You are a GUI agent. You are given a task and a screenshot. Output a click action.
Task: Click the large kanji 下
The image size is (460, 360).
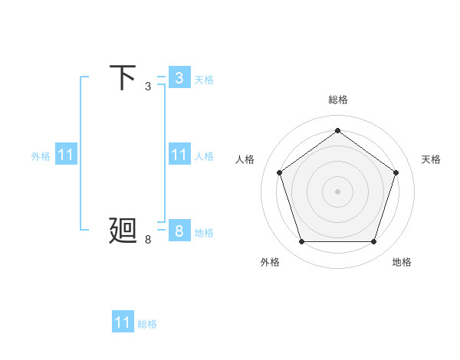(x=123, y=77)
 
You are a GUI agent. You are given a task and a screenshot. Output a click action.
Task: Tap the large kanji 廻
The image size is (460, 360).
(x=123, y=231)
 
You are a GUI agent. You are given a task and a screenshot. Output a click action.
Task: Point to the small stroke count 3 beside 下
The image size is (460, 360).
(x=147, y=87)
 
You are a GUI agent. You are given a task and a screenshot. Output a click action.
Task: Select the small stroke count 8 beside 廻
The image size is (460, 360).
(x=147, y=240)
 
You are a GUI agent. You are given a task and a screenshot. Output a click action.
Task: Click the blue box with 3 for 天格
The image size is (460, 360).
(x=179, y=78)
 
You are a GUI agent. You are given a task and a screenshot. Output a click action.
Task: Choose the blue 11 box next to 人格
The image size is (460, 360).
(x=179, y=155)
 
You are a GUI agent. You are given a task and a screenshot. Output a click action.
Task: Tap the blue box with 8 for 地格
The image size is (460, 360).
(x=179, y=231)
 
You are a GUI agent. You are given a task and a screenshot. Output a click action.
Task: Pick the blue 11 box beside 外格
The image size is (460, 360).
(x=66, y=155)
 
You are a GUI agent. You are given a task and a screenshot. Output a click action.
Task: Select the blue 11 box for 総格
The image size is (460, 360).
(x=123, y=322)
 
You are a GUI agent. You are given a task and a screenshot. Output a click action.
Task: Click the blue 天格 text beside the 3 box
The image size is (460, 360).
(x=204, y=79)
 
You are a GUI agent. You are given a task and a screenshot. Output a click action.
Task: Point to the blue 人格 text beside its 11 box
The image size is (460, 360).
(x=204, y=155)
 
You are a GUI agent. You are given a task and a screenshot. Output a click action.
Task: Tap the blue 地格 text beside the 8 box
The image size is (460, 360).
(x=204, y=232)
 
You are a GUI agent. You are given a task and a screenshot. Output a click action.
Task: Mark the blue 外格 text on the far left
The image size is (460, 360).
(x=41, y=155)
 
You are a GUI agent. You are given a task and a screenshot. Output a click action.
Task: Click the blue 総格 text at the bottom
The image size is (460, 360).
(x=147, y=323)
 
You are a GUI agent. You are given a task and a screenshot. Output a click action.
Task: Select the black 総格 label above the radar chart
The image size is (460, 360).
(x=337, y=100)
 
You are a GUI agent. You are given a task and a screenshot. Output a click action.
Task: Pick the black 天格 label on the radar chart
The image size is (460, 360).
(x=431, y=159)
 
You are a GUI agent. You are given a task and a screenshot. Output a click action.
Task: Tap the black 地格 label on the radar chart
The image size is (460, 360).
(x=402, y=262)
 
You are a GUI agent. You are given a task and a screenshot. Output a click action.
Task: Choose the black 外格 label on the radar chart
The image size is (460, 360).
(x=270, y=262)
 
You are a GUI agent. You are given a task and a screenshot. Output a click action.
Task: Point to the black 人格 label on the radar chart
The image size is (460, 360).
(x=245, y=159)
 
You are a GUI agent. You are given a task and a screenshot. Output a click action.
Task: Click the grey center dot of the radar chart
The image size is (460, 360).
(x=337, y=191)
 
